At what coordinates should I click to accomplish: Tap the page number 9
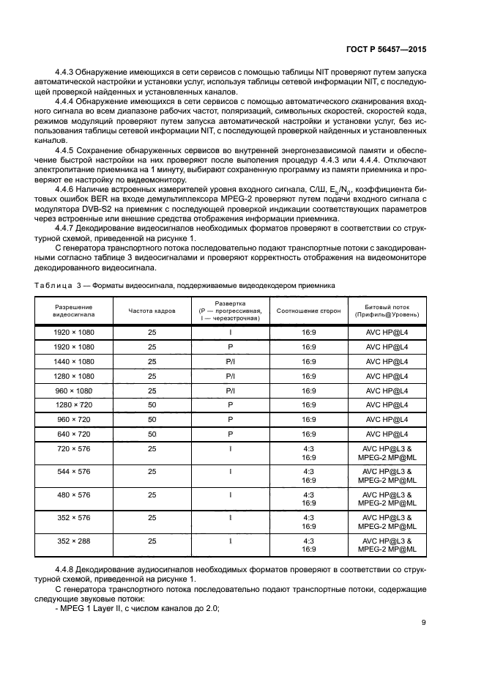pos(424,623)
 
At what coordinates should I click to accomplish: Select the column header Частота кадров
pos(152,311)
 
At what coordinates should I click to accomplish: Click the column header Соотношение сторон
pos(308,311)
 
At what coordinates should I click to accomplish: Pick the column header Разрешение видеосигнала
pos(74,311)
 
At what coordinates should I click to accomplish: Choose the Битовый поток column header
pos(387,311)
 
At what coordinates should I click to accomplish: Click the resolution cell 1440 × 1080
pos(74,361)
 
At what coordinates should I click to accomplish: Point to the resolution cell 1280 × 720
pos(74,404)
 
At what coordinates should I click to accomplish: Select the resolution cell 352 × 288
pos(74,541)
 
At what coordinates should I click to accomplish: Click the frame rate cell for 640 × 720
pos(152,433)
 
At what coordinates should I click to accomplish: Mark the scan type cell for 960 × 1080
pos(230,390)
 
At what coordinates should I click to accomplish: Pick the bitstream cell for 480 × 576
pos(387,499)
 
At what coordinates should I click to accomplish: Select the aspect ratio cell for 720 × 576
pos(308,452)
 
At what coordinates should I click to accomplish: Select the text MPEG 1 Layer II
pos(89,607)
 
